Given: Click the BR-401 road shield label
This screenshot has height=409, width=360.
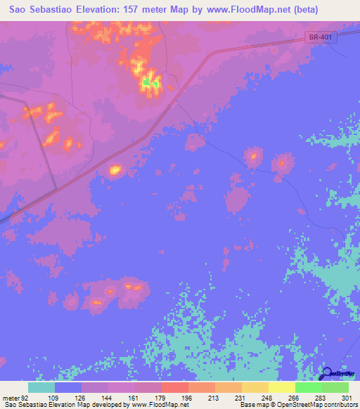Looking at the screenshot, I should [x=321, y=38].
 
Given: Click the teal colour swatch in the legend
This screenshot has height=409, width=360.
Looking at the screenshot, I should [x=41, y=387].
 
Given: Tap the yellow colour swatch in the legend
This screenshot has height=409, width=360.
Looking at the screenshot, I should [x=282, y=387].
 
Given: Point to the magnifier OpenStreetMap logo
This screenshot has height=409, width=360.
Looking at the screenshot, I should [x=328, y=373].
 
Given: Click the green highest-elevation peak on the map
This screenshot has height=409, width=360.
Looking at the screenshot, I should [x=147, y=82].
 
